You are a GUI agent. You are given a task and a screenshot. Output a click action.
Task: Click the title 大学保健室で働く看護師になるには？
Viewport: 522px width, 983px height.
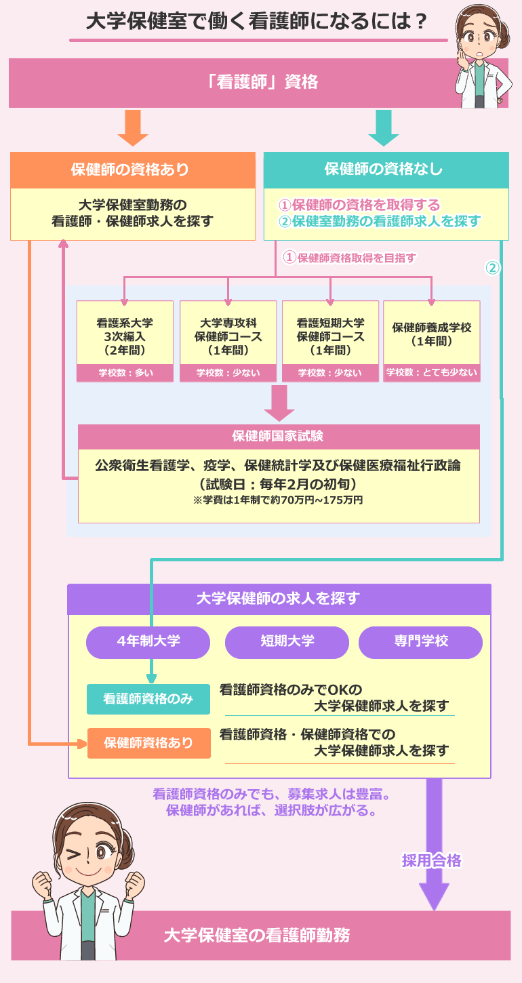(x=258, y=22)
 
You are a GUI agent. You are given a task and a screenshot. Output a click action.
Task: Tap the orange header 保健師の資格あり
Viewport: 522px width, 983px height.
(x=133, y=169)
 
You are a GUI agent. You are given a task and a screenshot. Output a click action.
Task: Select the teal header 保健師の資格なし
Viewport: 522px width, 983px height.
(x=386, y=169)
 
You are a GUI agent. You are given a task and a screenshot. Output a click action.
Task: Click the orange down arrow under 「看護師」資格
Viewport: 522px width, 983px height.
(x=133, y=127)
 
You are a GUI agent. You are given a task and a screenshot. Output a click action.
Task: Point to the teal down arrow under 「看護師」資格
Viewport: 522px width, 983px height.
(x=384, y=127)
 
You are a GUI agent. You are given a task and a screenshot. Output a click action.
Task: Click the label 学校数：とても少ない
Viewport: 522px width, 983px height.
(x=432, y=372)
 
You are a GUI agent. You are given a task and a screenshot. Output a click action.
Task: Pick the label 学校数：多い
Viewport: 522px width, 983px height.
(x=125, y=372)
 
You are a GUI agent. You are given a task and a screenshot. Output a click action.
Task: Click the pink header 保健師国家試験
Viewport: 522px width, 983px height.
(x=279, y=436)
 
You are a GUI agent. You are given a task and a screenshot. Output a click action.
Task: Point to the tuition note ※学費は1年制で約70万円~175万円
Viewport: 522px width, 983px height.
(x=279, y=500)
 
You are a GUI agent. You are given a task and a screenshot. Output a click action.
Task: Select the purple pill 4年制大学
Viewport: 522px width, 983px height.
(x=148, y=641)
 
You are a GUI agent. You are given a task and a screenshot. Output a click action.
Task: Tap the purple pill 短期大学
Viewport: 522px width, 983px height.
(x=287, y=641)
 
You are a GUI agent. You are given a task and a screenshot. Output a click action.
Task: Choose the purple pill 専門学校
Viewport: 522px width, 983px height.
(x=420, y=641)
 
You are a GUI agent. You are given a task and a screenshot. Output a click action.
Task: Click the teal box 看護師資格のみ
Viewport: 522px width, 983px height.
(x=148, y=699)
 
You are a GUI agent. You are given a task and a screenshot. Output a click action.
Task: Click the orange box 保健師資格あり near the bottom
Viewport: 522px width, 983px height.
(x=148, y=742)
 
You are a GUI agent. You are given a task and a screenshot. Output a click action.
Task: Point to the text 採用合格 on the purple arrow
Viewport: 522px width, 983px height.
(x=432, y=861)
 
